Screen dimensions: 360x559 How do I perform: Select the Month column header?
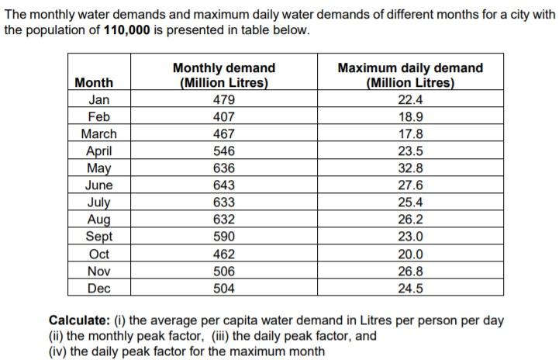[94, 82]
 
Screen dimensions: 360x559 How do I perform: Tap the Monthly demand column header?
[223, 75]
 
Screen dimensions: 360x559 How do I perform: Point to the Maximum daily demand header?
[410, 75]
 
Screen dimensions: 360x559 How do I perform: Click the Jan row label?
[98, 99]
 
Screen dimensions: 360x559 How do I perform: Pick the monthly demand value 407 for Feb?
[223, 117]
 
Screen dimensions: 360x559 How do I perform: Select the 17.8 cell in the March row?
[410, 134]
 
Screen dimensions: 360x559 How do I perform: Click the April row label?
[98, 151]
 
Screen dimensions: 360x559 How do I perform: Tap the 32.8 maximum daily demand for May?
[410, 168]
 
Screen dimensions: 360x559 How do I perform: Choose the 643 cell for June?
[223, 185]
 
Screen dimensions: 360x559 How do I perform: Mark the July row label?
[98, 203]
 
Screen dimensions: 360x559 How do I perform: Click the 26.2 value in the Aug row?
[410, 220]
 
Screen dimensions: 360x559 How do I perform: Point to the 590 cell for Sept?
[223, 237]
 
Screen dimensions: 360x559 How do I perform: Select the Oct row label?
[98, 254]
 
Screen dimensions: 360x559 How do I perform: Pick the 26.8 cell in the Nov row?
[410, 272]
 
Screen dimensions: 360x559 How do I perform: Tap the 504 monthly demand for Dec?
[223, 289]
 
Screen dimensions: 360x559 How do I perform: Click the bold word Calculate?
[78, 320]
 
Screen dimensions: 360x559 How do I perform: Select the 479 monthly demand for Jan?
[223, 99]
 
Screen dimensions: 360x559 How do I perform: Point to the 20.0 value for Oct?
[410, 254]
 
